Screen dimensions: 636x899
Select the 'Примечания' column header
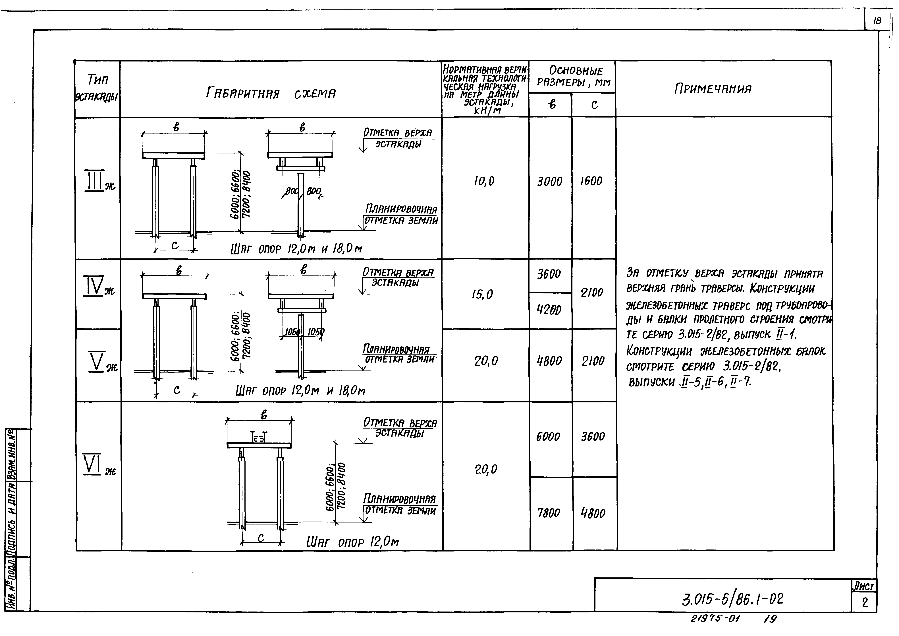click(x=713, y=89)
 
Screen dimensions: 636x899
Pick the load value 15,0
click(x=482, y=294)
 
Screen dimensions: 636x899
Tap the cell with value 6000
click(x=548, y=437)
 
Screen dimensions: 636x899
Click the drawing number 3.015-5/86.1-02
click(x=732, y=599)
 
